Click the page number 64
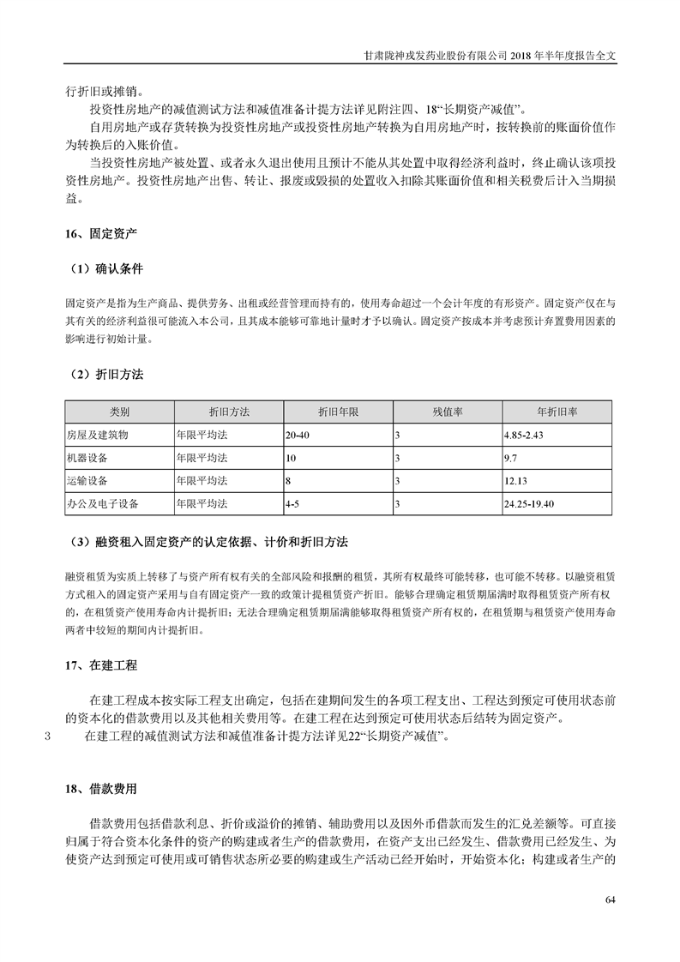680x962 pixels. pos(610,899)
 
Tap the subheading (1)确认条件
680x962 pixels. pos(108,268)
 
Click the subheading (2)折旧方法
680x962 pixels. pos(108,375)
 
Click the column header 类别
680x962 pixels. pos(118,412)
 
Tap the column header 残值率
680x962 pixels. pos(447,412)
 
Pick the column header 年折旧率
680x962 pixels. pos(557,412)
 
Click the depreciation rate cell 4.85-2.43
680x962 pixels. pos(525,436)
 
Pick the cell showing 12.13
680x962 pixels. pos(515,481)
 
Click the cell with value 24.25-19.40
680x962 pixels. pos(531,504)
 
